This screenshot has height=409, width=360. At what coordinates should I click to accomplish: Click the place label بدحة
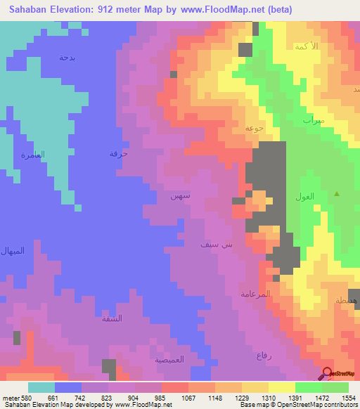coord(67,57)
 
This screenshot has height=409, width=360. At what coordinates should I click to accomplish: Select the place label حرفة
coord(118,152)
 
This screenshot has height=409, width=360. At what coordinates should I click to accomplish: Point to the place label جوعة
coord(254,128)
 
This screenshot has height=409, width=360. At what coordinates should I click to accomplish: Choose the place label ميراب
coord(314,119)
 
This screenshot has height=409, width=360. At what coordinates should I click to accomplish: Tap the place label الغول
coord(307,197)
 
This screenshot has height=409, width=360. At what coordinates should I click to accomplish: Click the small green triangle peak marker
coord(337,193)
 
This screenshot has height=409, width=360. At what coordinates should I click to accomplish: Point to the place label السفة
coord(112,318)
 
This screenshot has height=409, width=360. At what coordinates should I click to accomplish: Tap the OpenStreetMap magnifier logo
coord(328,373)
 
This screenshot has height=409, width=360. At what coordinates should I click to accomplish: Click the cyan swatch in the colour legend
coord(41,387)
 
